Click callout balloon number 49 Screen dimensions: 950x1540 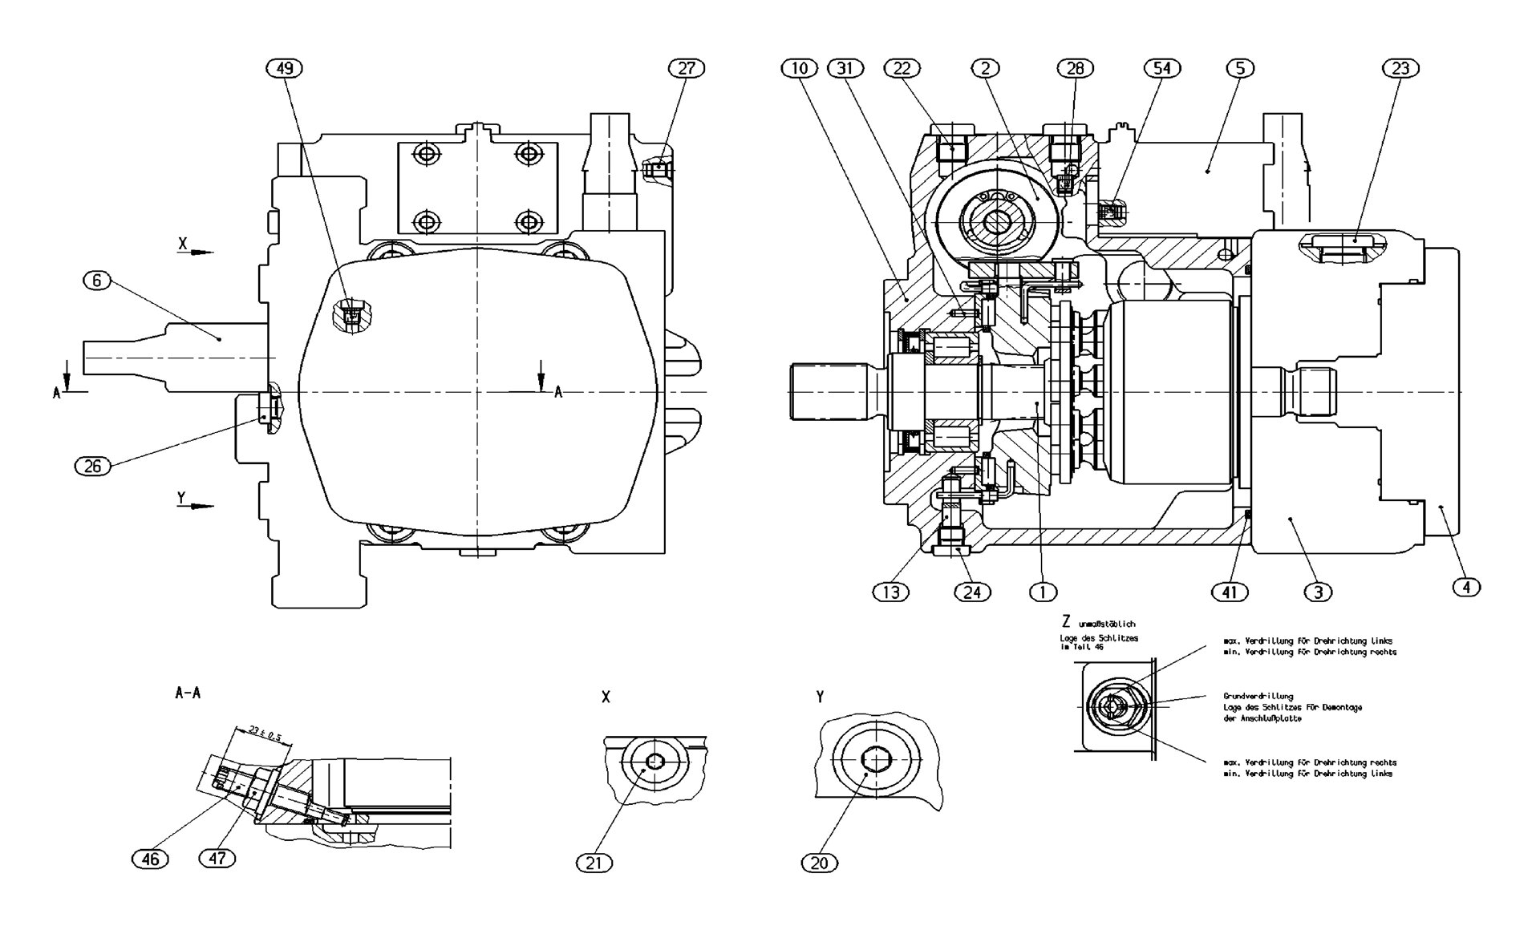coord(284,68)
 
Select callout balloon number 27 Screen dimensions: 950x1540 coord(687,68)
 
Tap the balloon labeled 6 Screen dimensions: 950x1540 coord(97,280)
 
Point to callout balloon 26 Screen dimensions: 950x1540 coord(92,466)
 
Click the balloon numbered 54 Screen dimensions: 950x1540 coord(1161,68)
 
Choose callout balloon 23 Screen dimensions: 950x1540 coord(1400,68)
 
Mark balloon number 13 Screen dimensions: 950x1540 coord(890,592)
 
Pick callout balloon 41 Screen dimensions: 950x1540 coord(1230,592)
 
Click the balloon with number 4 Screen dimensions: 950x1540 coord(1465,588)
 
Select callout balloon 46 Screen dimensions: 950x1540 coord(150,859)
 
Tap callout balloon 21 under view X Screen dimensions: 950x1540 coord(594,863)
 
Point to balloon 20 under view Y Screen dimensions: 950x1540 coord(819,863)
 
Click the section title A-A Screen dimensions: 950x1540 coord(188,693)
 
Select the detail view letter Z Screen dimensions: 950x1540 coord(1066,621)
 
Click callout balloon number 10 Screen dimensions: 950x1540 coord(799,68)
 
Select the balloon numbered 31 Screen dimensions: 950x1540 coord(845,68)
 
